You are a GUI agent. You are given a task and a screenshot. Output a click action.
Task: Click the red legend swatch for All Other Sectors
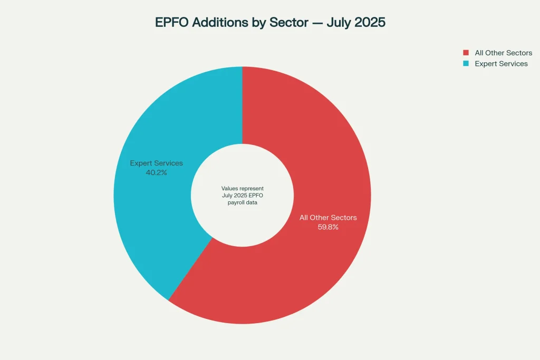pyautogui.click(x=466, y=53)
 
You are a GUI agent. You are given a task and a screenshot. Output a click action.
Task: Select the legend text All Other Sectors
pyautogui.click(x=503, y=53)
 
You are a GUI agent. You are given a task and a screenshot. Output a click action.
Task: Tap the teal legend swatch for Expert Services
pyautogui.click(x=466, y=63)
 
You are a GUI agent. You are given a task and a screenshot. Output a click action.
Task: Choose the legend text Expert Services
pyautogui.click(x=501, y=63)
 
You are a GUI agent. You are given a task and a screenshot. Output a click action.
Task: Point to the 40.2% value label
pyautogui.click(x=156, y=172)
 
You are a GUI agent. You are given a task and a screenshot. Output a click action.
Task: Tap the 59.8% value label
pyautogui.click(x=328, y=227)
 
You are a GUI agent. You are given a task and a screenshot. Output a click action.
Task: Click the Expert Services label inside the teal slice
pyautogui.click(x=156, y=163)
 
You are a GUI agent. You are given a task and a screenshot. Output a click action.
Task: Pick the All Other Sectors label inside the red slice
pyautogui.click(x=328, y=218)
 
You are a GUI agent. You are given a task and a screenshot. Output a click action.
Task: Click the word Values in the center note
pyautogui.click(x=230, y=188)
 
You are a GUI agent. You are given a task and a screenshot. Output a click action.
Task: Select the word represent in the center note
pyautogui.click(x=252, y=188)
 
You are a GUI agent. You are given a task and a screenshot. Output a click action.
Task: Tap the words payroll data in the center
pyautogui.click(x=243, y=202)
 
